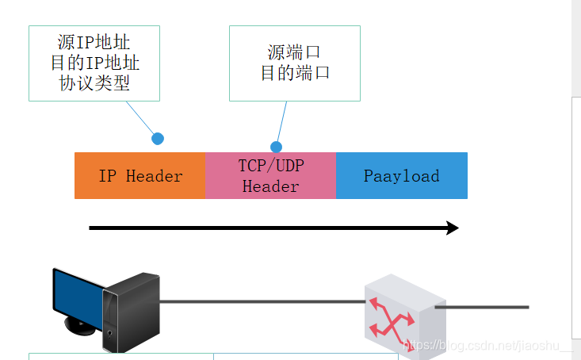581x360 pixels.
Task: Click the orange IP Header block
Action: pos(140,175)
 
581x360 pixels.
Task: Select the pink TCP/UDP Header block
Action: pos(270,175)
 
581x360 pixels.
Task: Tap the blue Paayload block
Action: pos(401,175)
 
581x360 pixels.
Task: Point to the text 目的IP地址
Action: pos(94,63)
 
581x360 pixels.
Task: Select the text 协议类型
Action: pos(94,83)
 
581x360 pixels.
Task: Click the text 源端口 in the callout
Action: pos(294,52)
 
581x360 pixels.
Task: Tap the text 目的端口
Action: pos(294,73)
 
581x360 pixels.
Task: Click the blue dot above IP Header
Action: pos(158,139)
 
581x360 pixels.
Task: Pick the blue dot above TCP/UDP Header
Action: pos(276,147)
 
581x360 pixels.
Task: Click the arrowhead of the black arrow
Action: pos(452,228)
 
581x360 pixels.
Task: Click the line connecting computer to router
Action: pos(262,301)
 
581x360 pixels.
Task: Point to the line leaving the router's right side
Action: pos(484,307)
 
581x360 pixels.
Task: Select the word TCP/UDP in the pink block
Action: pos(270,166)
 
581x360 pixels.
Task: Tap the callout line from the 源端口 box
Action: pos(281,124)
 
